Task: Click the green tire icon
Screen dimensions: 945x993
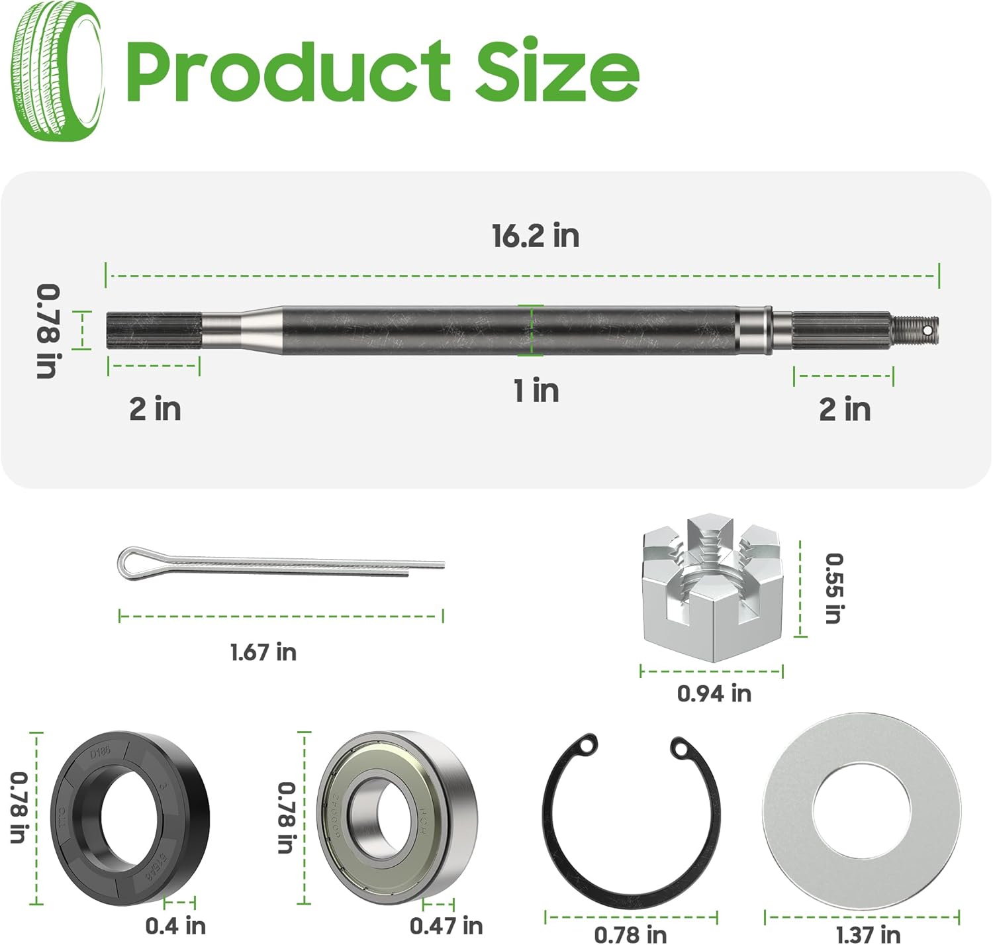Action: click(x=58, y=71)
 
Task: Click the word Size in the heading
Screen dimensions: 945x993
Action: click(x=556, y=71)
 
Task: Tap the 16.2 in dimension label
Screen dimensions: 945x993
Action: click(x=535, y=236)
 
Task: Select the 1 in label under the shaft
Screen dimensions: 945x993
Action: click(x=536, y=391)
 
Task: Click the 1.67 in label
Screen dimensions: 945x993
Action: click(x=263, y=652)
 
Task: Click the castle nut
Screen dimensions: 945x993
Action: click(x=712, y=586)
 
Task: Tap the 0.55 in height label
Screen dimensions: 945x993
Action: click(x=833, y=588)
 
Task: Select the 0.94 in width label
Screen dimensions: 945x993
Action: click(x=714, y=693)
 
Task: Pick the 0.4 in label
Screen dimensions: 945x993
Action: click(x=175, y=925)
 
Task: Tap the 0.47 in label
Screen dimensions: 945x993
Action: click(x=446, y=925)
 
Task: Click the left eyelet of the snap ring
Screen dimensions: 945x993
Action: click(x=586, y=746)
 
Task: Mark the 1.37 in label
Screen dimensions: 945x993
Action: click(x=867, y=934)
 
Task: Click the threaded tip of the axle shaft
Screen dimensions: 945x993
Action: click(x=917, y=329)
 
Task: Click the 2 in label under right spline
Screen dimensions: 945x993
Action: click(x=845, y=409)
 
